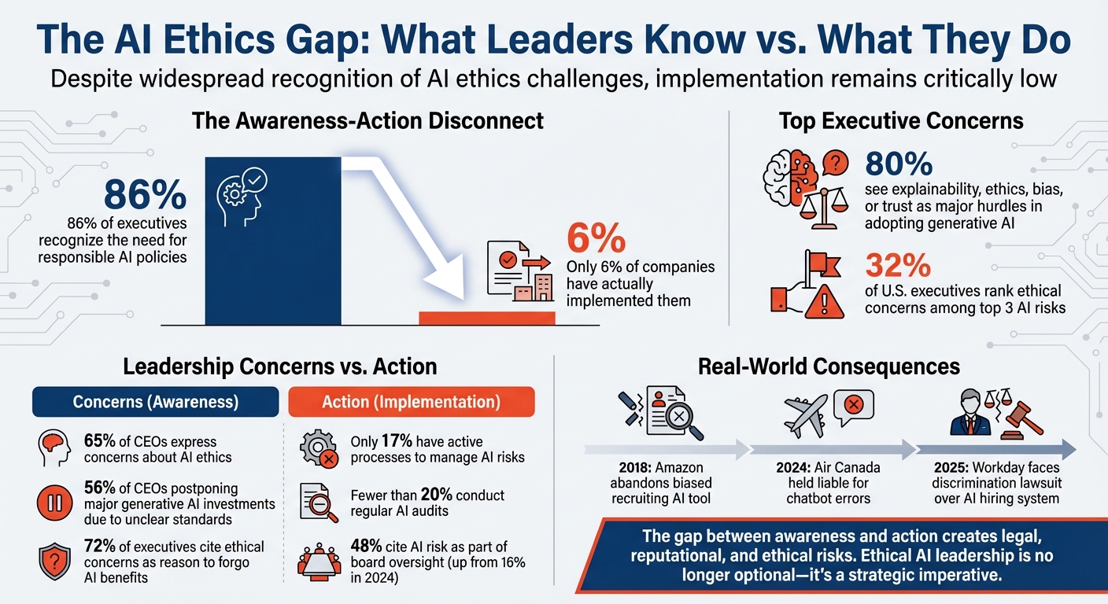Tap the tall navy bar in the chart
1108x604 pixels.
273,260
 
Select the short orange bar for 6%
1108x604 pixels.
486,318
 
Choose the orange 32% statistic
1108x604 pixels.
898,265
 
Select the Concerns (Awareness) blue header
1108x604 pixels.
155,401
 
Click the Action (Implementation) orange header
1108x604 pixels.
411,401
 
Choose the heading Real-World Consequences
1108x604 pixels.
828,366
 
